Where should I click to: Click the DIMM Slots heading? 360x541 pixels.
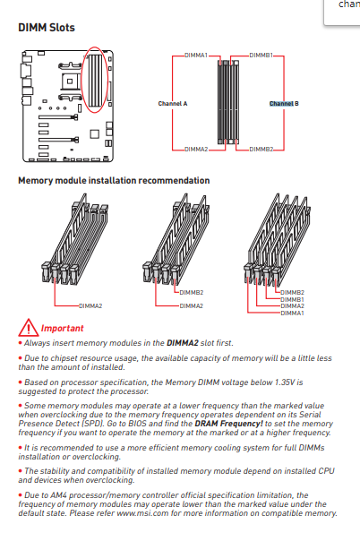pos(47,27)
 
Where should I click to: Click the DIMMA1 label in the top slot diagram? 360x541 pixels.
pos(196,56)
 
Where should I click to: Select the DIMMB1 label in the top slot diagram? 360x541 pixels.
pos(261,56)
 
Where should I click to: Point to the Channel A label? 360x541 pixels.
pos(173,104)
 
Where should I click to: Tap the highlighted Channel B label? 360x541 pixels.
pos(284,104)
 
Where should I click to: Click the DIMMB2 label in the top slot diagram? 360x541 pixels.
pos(261,150)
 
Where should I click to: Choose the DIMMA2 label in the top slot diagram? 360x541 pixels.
pos(196,150)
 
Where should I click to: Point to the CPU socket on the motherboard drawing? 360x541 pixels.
pos(70,82)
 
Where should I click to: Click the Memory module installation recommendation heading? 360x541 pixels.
pos(114,180)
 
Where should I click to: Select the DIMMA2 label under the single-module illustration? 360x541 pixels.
pos(90,306)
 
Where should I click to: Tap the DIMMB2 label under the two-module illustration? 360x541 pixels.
pos(192,293)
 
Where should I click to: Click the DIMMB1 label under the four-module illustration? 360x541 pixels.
pos(292,300)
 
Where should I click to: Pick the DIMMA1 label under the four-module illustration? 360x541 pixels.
pos(292,313)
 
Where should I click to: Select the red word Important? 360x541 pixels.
pos(62,328)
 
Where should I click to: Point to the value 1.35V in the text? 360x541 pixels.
pos(285,382)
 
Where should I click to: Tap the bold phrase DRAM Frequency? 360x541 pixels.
pos(228,424)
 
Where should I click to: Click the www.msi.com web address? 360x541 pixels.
pos(142,513)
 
